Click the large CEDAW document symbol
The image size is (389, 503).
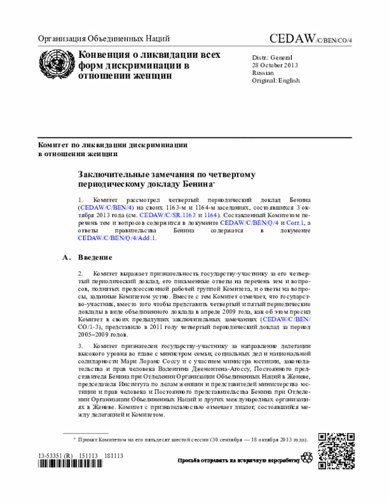click(311, 39)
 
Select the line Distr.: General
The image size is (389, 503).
click(272, 56)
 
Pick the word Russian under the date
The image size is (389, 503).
click(263, 72)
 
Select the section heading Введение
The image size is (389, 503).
click(95, 258)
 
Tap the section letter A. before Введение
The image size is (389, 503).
click(67, 258)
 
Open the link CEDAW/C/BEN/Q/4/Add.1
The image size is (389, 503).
click(117, 239)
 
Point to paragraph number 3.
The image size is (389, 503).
click(81, 346)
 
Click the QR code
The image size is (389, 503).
click(336, 450)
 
